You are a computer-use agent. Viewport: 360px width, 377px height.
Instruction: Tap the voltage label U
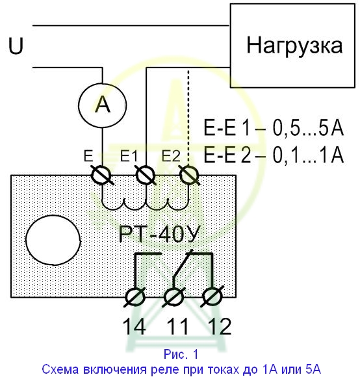click(16, 45)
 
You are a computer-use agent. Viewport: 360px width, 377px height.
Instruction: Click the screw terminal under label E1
click(146, 175)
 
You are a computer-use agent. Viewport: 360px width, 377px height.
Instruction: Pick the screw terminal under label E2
click(189, 175)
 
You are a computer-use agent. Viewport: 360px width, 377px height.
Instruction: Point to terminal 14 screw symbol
click(135, 297)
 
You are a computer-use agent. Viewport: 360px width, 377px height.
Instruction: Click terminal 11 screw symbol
click(174, 297)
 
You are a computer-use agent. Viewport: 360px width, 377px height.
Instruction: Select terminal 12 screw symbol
click(212, 297)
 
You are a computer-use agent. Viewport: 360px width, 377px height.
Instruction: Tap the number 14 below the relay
click(134, 326)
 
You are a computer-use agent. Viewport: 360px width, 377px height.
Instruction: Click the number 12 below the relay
click(220, 326)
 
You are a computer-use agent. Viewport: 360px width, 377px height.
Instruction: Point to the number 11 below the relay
click(177, 326)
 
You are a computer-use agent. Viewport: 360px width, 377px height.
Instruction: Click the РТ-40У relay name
click(160, 234)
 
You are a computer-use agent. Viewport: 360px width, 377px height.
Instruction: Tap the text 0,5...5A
click(308, 127)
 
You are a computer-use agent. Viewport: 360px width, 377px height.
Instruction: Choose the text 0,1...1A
click(308, 155)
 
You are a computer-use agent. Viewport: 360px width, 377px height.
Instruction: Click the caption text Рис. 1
click(181, 354)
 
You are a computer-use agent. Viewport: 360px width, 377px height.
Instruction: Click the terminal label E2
click(171, 156)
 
